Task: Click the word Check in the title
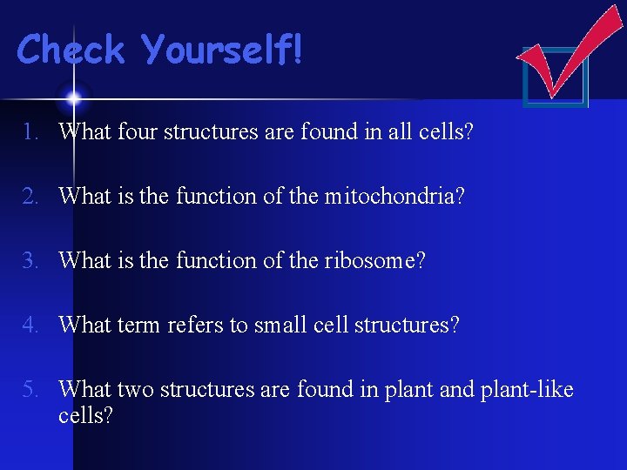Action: coord(71,50)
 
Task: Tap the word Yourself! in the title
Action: coord(224,50)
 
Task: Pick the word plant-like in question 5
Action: coord(527,390)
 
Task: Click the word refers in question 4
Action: coord(197,326)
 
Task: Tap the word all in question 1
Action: coord(398,132)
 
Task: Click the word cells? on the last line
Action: coord(86,416)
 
